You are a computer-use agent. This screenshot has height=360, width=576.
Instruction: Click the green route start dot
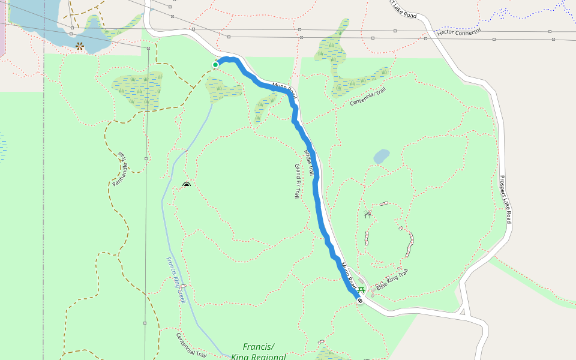[x=215, y=64]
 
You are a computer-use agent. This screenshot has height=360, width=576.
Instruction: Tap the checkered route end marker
[x=360, y=301]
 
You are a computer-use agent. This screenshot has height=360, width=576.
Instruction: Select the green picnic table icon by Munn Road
[x=361, y=289]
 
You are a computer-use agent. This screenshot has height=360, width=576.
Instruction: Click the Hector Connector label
[x=459, y=31]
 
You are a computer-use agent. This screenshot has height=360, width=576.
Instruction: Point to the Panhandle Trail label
[x=119, y=169]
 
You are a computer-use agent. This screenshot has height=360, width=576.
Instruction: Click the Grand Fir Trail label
[x=296, y=181]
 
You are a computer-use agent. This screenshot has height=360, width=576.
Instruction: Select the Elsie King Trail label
[x=393, y=280]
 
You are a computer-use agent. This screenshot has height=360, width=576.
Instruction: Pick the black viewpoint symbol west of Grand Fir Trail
[x=187, y=185]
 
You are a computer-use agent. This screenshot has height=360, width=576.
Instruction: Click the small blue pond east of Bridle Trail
[x=381, y=157]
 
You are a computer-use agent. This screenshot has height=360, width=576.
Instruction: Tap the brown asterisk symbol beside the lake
[x=80, y=46]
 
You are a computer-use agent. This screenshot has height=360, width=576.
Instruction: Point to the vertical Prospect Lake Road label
[x=505, y=199]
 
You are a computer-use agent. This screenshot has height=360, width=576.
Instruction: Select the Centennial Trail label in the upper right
[x=368, y=97]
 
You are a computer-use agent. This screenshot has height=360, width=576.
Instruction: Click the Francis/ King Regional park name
[x=259, y=352]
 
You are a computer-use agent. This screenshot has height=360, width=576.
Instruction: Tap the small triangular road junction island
[x=462, y=311]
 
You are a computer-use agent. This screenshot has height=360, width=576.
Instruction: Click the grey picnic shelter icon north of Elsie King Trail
[x=368, y=214]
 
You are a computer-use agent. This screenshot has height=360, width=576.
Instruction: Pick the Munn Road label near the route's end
[x=349, y=274]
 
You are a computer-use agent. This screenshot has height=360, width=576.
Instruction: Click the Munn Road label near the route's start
[x=284, y=90]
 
